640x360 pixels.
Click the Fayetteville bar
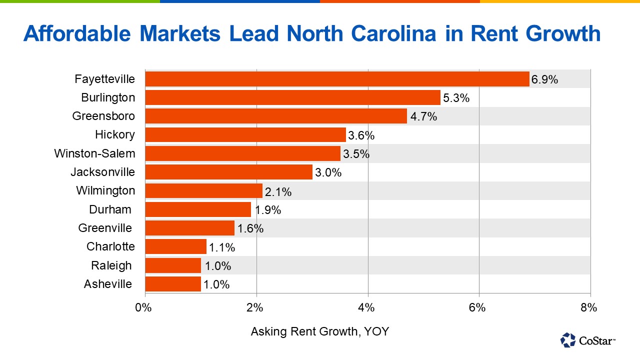tap(337, 79)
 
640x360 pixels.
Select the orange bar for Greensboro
tap(276, 116)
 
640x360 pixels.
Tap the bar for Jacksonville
tap(228, 172)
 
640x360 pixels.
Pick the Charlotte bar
tap(175, 246)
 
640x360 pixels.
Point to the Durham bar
tap(198, 209)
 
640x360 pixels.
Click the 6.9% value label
tap(544, 79)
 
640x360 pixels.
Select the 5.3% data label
tap(456, 98)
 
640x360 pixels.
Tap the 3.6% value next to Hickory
tap(361, 135)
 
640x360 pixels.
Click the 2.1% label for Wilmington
tap(278, 191)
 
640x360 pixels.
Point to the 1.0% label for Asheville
tap(216, 284)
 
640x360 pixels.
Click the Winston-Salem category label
tap(94, 153)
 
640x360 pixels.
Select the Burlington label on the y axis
tap(108, 97)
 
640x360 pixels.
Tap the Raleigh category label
tap(111, 265)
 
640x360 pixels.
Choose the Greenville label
tap(105, 228)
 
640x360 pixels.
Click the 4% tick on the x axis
tap(367, 307)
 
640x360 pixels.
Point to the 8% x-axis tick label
tap(589, 307)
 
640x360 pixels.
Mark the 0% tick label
tap(144, 307)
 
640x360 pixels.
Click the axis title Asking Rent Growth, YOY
tap(319, 331)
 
